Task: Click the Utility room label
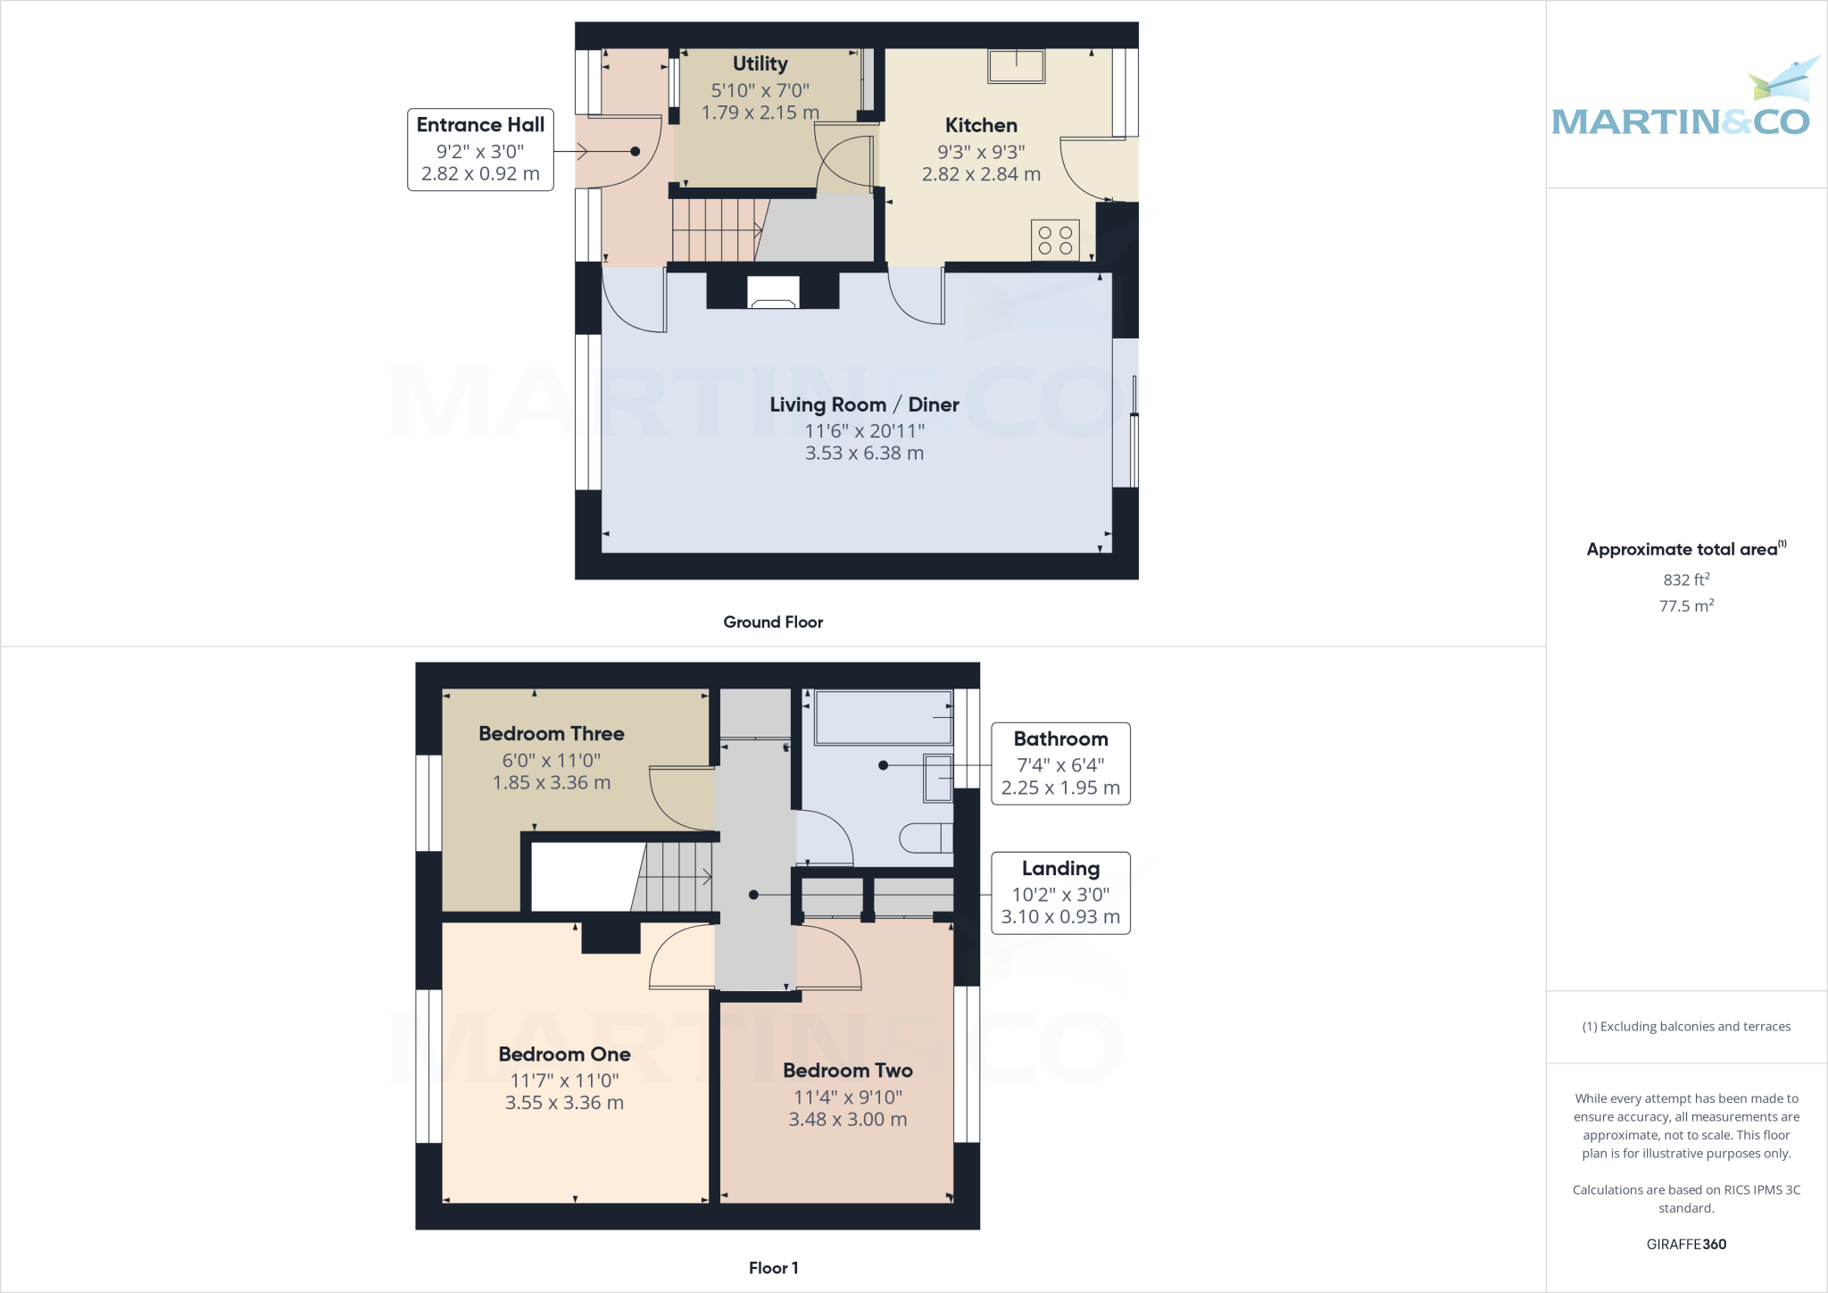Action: coord(760,64)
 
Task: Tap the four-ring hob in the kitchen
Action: coord(1055,239)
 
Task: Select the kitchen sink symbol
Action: coord(1016,66)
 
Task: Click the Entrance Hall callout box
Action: coord(480,150)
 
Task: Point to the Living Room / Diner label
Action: coord(864,405)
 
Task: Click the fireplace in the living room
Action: coord(773,292)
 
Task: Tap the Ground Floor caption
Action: coord(773,622)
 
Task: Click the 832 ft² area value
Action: coord(1686,580)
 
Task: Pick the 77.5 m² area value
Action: coord(1686,606)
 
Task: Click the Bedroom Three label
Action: coord(551,734)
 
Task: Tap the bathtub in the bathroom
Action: coord(883,717)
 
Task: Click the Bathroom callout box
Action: coord(1060,763)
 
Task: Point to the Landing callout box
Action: coord(1060,893)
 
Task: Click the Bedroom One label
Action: coord(564,1055)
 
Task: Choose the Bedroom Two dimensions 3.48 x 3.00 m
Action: coord(847,1120)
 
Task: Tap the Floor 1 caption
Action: coord(773,1268)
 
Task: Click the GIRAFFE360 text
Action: coord(1686,1244)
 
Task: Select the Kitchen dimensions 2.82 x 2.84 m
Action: coord(981,174)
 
